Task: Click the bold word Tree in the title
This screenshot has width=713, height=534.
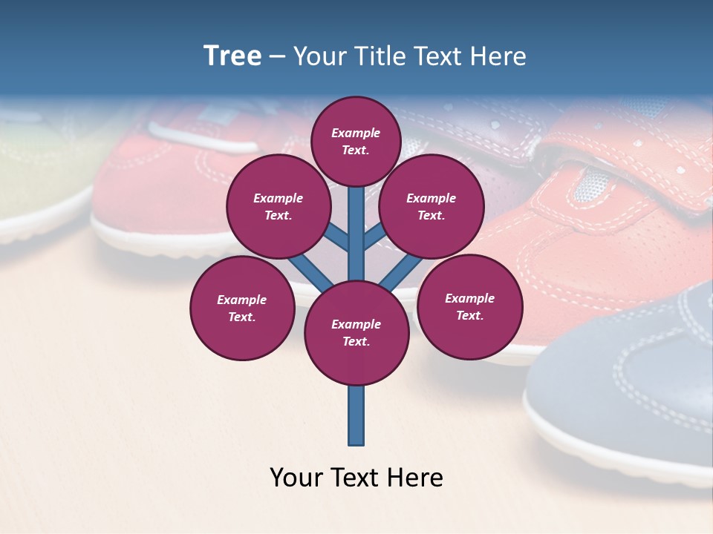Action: pos(232,56)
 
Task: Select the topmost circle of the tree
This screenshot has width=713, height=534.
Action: pos(356,142)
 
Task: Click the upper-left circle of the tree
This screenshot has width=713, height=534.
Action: pos(279,207)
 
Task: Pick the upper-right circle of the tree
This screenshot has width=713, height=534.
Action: pos(432,207)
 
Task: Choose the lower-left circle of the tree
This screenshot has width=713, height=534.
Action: pos(242,309)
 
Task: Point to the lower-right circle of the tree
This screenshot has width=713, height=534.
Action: pos(469,307)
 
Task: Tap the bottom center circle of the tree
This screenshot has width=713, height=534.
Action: pos(356,333)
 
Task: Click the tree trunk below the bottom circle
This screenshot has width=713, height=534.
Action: pos(356,415)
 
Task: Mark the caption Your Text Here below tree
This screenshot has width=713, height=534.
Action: pos(356,478)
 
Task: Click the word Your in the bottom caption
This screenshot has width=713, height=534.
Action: pos(297,478)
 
